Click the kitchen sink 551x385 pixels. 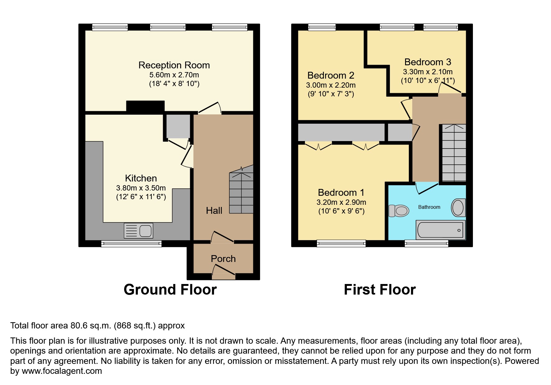138,231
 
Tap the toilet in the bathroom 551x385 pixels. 399,211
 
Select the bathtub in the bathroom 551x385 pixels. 441,230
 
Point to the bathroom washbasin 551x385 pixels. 458,208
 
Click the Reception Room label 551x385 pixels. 174,65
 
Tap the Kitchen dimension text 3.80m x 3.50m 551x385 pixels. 141,188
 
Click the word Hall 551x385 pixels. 214,211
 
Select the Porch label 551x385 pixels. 223,259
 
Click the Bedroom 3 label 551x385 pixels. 428,62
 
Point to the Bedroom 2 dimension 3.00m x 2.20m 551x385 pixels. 331,85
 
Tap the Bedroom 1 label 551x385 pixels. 341,193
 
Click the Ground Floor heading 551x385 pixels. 170,290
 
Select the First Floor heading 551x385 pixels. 380,290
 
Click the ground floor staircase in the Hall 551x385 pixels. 241,190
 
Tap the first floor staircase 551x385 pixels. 454,153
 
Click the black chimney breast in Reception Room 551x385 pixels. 145,106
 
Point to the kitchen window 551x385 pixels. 131,244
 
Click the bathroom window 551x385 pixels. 426,244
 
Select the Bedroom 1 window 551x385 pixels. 341,244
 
